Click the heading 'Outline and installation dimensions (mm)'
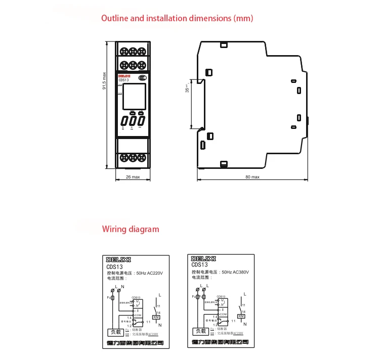pyautogui.click(x=177, y=18)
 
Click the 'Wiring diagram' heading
pyautogui.click(x=131, y=229)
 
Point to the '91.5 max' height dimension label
pyautogui.click(x=104, y=81)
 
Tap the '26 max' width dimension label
pyautogui.click(x=133, y=177)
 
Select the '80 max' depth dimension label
pyautogui.click(x=252, y=177)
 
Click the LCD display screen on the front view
pyautogui.click(x=133, y=97)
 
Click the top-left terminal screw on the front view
pyautogui.click(x=124, y=51)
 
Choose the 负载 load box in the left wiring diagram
pyautogui.click(x=115, y=332)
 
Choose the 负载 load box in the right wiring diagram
pyautogui.click(x=200, y=332)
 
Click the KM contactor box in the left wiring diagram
pyautogui.click(x=156, y=316)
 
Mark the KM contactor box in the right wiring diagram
pyautogui.click(x=241, y=316)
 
